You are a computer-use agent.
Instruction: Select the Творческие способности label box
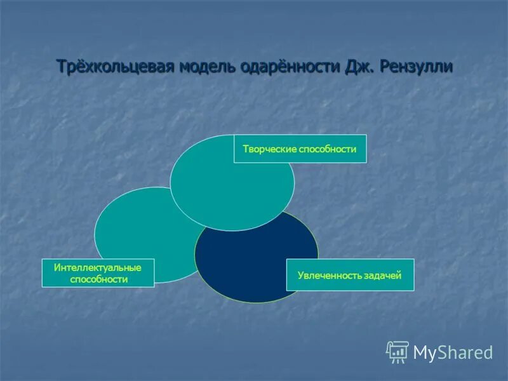pyautogui.click(x=300, y=149)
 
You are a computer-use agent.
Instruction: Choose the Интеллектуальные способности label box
pyautogui.click(x=98, y=273)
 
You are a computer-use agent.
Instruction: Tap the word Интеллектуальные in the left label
pyautogui.click(x=98, y=267)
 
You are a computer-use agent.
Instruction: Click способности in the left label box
pyautogui.click(x=98, y=279)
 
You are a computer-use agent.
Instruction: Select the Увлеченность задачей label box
pyautogui.click(x=350, y=275)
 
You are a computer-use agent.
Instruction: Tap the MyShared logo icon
pyautogui.click(x=398, y=352)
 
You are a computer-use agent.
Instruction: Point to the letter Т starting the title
pyautogui.click(x=62, y=67)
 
